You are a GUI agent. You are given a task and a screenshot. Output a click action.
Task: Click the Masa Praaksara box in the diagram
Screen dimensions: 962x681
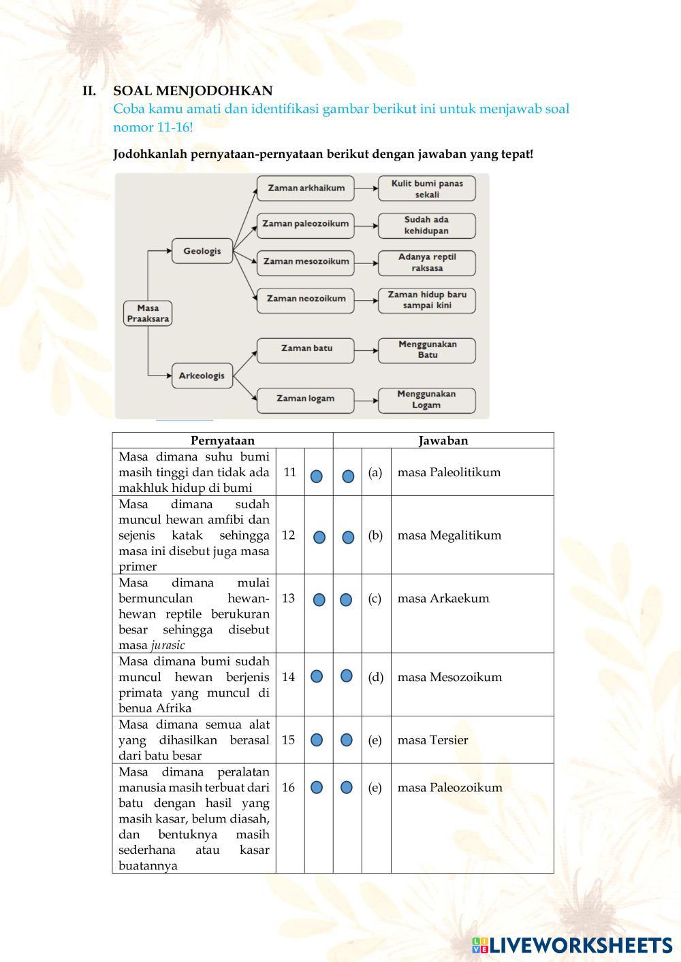tap(148, 313)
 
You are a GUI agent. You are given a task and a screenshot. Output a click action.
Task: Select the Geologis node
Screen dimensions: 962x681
tap(202, 251)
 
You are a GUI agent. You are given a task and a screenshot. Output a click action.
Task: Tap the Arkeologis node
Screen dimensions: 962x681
tap(202, 376)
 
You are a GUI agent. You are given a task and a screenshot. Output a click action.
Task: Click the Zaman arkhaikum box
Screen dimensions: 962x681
tap(306, 188)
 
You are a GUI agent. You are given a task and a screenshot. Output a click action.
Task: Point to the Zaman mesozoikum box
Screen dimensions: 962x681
tap(306, 261)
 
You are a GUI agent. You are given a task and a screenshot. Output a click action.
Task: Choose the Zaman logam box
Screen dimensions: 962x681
tap(306, 399)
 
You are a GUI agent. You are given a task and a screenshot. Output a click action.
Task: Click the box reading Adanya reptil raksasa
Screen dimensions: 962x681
tap(427, 263)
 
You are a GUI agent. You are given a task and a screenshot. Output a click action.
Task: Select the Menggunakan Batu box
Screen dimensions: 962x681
tap(427, 350)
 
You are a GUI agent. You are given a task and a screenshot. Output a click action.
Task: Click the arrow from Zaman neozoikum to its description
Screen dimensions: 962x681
tap(366, 299)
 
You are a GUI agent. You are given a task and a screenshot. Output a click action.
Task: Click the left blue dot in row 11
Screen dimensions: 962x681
tap(317, 476)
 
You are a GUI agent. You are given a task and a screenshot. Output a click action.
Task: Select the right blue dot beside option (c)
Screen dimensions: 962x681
tap(346, 599)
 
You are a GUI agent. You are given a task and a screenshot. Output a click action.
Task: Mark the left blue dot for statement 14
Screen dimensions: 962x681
tap(317, 676)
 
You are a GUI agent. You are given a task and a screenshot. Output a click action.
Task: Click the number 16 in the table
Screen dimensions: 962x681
tap(289, 787)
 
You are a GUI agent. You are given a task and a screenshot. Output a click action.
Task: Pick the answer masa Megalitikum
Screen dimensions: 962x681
tap(449, 535)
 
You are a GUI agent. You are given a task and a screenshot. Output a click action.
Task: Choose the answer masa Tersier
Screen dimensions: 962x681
tap(432, 740)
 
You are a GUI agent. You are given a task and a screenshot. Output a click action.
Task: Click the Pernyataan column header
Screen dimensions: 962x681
tap(223, 440)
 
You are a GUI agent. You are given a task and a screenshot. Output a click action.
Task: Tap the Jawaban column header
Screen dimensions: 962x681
tap(443, 440)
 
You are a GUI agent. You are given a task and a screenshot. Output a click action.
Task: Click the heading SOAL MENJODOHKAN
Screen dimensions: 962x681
tap(193, 90)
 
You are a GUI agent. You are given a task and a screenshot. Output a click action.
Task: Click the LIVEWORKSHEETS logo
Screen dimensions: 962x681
tap(572, 944)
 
